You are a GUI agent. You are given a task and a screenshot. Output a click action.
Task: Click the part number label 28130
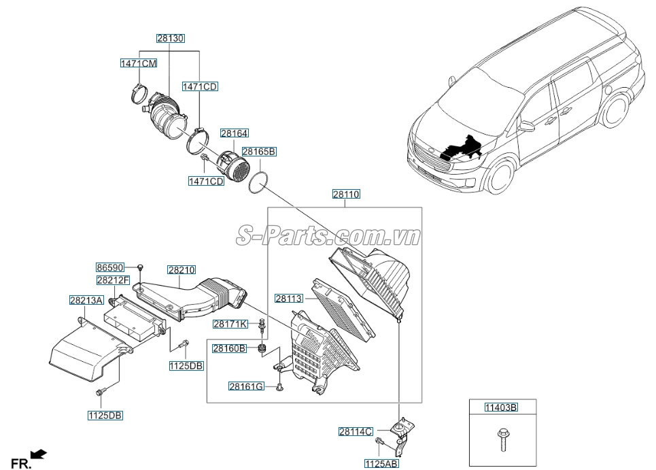169,39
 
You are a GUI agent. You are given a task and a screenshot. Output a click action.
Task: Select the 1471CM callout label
139,63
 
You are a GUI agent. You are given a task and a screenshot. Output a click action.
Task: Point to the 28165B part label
259,152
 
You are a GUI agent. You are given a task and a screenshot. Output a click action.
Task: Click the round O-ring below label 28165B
258,182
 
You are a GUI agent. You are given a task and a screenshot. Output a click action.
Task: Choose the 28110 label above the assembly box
346,195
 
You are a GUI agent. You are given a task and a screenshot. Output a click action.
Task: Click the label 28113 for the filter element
290,298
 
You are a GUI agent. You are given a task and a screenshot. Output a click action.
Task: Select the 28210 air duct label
182,271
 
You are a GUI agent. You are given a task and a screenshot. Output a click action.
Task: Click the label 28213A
86,299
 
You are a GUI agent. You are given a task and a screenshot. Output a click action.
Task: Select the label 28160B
229,348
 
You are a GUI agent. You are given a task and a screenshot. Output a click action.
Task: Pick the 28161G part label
245,386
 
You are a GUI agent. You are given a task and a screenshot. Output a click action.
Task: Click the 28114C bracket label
356,431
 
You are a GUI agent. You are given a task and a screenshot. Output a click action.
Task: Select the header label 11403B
501,407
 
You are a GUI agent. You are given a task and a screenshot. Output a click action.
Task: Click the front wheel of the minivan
501,175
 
